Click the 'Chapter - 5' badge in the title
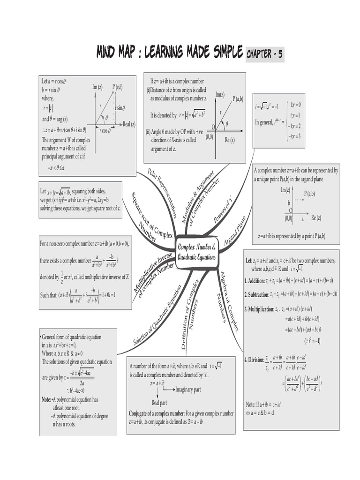(265, 54)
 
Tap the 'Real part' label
(159, 402)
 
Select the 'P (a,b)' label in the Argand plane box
(309, 194)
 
